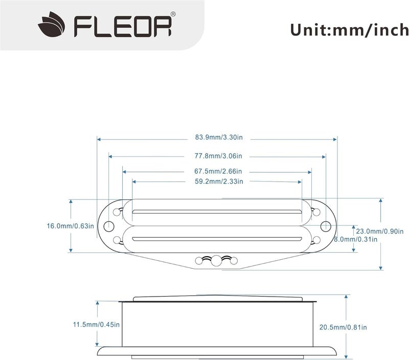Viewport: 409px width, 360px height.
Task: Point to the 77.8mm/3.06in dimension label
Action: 218,155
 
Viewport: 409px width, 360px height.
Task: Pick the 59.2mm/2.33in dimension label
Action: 218,181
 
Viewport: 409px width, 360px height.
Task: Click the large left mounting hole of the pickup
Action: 108,226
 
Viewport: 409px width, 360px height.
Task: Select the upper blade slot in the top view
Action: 217,211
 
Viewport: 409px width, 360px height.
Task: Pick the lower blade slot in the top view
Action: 217,239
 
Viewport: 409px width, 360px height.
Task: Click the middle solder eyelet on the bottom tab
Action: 217,260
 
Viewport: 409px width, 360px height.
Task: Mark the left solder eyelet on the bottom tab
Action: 199,261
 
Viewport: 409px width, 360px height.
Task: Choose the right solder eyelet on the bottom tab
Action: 234,261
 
